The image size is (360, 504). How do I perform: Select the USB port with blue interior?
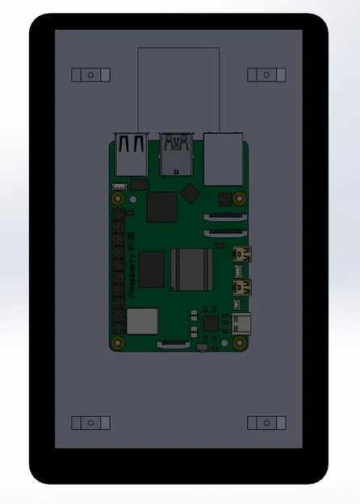[x=177, y=155]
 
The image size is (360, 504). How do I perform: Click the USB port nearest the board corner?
[x=131, y=155]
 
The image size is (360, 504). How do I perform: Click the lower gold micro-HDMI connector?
[x=241, y=286]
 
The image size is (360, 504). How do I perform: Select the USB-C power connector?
[x=241, y=324]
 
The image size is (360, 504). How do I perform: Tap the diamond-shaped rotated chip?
[x=190, y=193]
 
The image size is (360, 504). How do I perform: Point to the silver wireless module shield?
[x=142, y=322]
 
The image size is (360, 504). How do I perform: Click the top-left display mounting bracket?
[x=90, y=74]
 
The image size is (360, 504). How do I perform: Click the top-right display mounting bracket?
[x=266, y=74]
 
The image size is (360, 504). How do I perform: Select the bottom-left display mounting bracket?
[x=90, y=423]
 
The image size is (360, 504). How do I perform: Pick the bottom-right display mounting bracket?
[x=266, y=423]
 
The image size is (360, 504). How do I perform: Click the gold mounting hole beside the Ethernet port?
[x=241, y=198]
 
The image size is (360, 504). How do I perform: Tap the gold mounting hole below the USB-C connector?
[x=240, y=343]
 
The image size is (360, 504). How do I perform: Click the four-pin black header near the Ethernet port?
[x=224, y=198]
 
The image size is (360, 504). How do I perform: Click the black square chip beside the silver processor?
[x=152, y=269]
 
